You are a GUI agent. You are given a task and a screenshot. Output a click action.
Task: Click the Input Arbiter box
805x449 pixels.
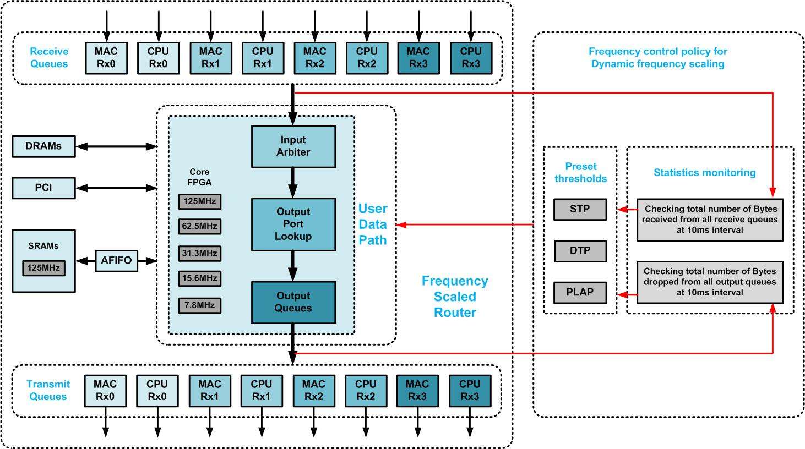293,146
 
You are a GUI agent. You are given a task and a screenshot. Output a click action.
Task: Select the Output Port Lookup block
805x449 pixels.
293,224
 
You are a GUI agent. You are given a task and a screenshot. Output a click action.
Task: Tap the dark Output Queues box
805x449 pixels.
293,302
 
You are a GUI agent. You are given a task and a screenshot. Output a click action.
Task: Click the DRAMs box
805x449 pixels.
43,146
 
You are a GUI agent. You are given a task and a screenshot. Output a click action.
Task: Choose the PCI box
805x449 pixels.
43,188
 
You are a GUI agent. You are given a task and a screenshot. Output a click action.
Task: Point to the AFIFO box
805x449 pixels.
116,260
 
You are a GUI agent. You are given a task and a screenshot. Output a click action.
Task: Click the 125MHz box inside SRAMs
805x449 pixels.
43,268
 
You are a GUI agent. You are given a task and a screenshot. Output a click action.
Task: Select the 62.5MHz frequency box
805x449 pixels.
199,226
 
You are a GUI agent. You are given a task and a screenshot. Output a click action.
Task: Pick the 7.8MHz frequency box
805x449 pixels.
199,305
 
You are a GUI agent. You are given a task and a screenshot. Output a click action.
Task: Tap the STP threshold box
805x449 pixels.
580,209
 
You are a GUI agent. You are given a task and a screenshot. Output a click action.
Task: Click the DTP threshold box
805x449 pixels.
580,250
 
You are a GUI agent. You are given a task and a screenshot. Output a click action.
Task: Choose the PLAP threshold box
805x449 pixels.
580,292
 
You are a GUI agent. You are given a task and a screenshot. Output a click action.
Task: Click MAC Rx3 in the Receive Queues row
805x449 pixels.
418,58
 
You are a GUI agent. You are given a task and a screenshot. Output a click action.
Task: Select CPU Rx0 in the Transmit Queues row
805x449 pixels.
157,391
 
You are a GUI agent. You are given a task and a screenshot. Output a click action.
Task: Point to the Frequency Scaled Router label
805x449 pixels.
455,297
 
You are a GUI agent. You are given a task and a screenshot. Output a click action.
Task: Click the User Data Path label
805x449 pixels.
373,225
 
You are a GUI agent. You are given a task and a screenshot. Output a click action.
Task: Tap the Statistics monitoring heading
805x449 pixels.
704,173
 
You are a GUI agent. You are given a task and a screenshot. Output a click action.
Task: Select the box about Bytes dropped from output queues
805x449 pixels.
710,282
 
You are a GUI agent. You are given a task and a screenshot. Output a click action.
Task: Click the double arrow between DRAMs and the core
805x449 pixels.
116,146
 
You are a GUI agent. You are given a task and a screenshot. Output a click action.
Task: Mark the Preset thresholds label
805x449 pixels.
580,172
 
